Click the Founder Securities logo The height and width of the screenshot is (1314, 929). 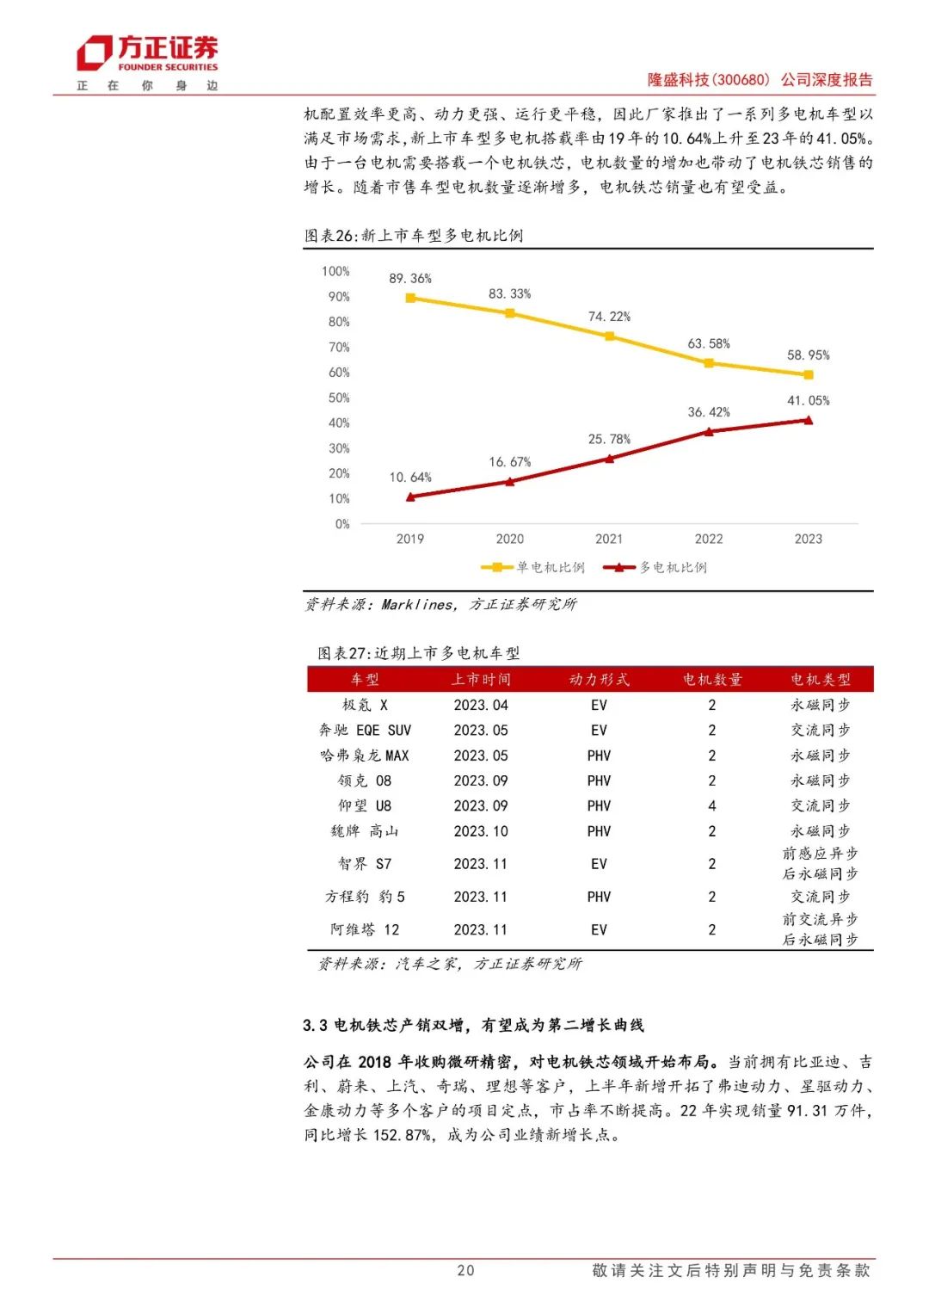click(x=147, y=54)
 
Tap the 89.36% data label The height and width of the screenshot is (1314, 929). click(x=410, y=279)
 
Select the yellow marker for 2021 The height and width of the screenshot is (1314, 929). click(x=610, y=336)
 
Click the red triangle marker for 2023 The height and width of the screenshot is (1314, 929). click(x=808, y=420)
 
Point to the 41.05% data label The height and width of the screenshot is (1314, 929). click(x=809, y=401)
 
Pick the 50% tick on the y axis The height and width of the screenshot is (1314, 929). click(x=339, y=398)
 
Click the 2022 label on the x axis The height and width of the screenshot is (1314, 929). click(x=709, y=540)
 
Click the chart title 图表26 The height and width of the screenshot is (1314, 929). click(x=414, y=236)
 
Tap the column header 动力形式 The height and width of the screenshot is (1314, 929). click(x=599, y=680)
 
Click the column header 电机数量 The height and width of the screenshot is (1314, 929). click(x=711, y=680)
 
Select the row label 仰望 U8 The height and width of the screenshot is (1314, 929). click(x=365, y=806)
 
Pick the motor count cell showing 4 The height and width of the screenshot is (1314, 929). click(x=711, y=806)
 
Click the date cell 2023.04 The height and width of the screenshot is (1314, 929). click(x=481, y=706)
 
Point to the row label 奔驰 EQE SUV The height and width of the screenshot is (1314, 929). click(x=365, y=731)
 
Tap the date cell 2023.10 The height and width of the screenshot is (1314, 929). click(x=481, y=832)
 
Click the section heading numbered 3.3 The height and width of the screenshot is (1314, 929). click(x=473, y=1026)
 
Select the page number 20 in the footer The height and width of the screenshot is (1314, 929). click(x=465, y=1271)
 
